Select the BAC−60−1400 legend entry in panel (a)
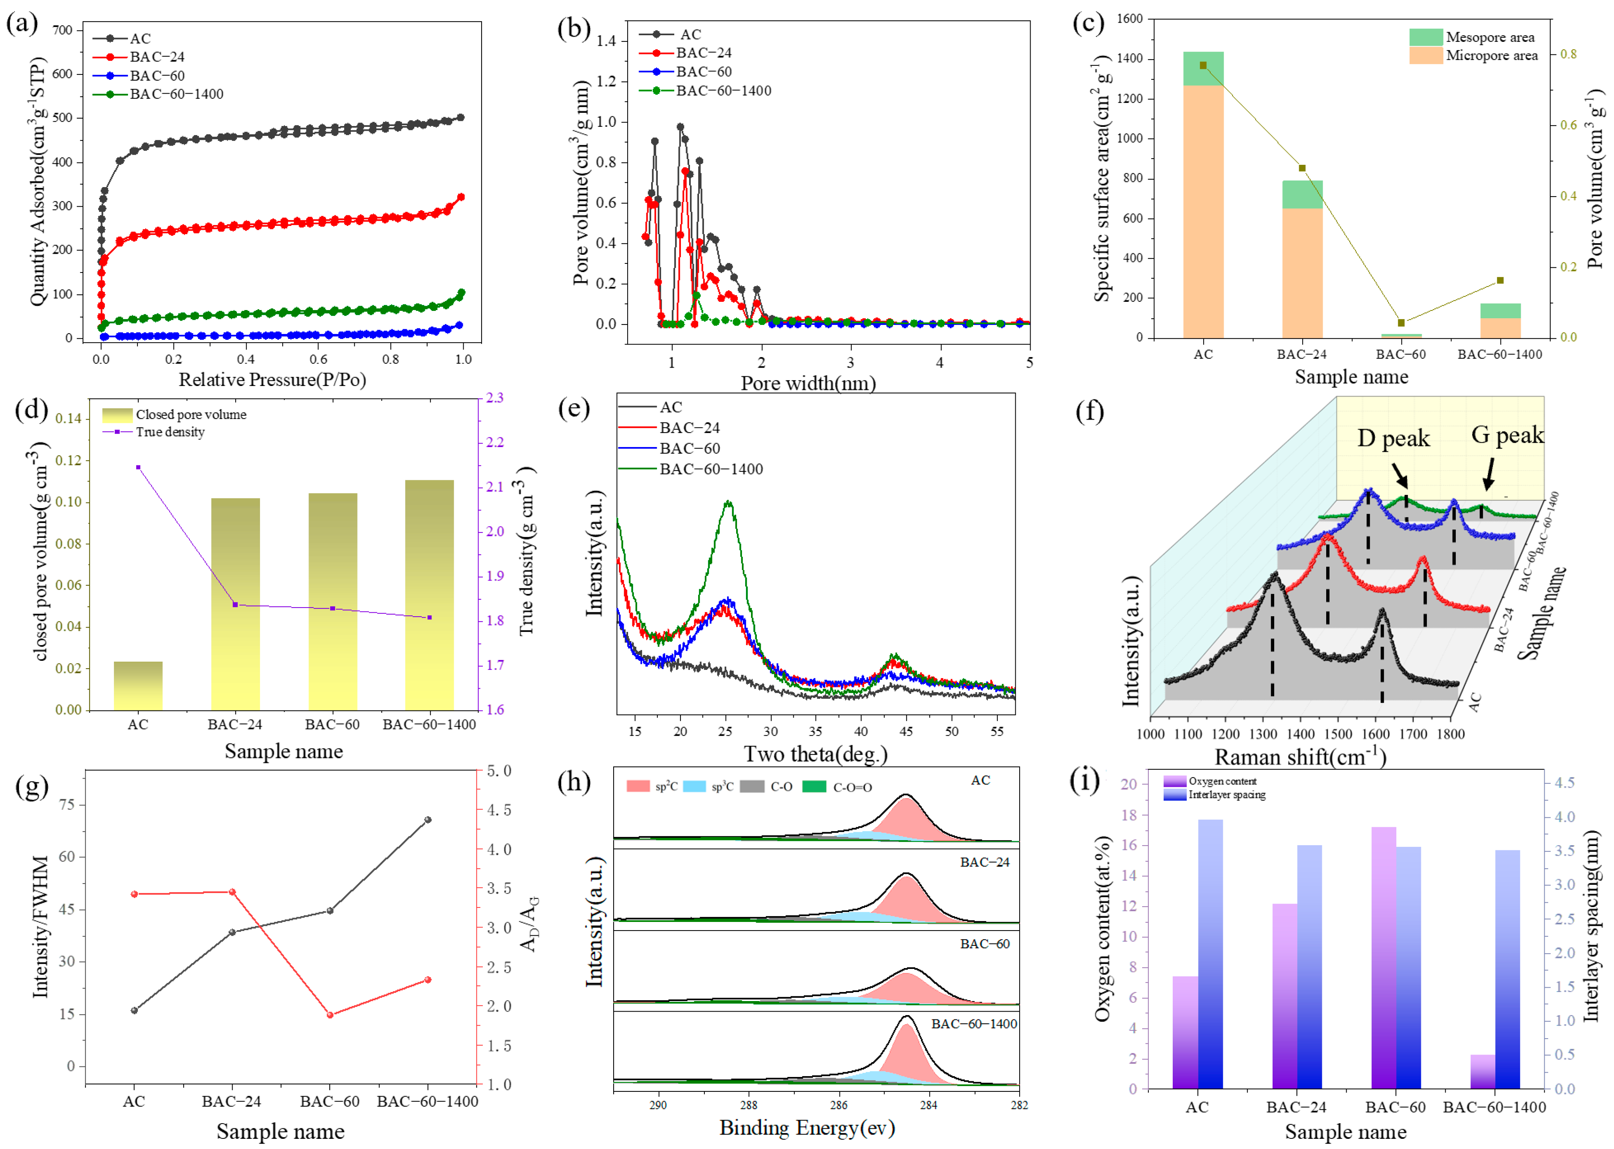[x=176, y=94]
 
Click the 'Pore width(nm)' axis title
[x=808, y=383]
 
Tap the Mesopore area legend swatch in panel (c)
[x=1425, y=37]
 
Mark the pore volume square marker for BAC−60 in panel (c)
[x=1401, y=323]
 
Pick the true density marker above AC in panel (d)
[x=138, y=467]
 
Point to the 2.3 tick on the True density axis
[x=495, y=398]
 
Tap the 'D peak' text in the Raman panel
[x=1392, y=439]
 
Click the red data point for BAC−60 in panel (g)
[x=330, y=1015]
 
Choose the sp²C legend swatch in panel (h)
[x=637, y=786]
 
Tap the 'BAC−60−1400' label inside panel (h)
[x=974, y=1024]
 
